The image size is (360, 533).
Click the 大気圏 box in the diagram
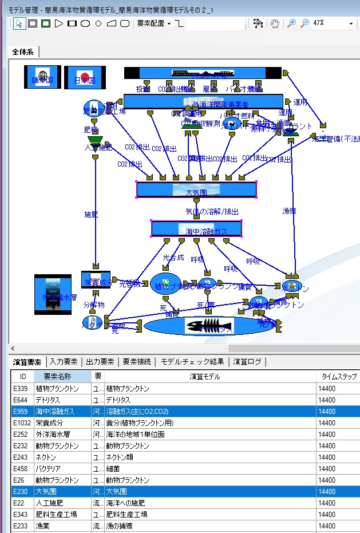click(196, 189)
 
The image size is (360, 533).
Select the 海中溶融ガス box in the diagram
click(196, 228)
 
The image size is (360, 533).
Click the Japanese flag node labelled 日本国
click(85, 77)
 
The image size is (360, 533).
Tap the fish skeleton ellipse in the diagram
click(201, 326)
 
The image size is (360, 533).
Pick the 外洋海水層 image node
click(53, 294)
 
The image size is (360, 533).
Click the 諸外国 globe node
click(42, 77)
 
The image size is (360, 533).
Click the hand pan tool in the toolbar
click(275, 23)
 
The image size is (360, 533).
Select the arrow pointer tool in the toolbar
click(19, 23)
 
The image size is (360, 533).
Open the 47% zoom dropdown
click(351, 23)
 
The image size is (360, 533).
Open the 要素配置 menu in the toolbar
click(153, 23)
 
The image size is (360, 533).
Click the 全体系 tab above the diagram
click(23, 52)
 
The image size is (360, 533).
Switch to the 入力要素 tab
click(64, 362)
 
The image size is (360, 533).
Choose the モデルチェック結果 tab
click(192, 362)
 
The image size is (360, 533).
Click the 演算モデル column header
click(205, 377)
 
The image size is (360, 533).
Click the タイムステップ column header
click(339, 377)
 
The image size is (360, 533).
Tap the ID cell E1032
click(22, 423)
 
